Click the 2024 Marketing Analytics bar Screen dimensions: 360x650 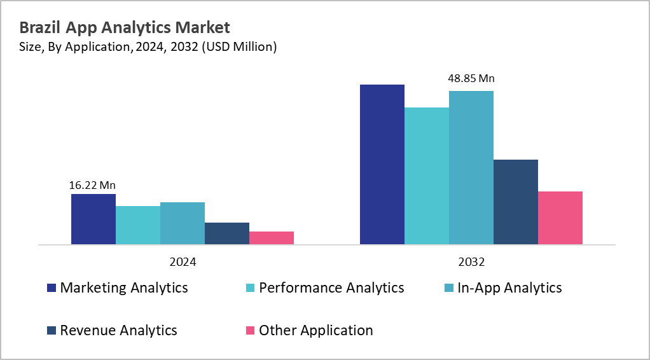(x=93, y=219)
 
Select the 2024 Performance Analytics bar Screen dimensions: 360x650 (x=138, y=225)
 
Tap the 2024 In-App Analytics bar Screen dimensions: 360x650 (x=183, y=223)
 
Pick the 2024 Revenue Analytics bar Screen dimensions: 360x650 (x=227, y=233)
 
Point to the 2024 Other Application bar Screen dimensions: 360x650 (x=272, y=238)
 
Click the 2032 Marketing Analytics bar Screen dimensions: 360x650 (x=382, y=164)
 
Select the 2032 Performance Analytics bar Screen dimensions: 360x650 (x=427, y=176)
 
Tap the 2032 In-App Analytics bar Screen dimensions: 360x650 (x=471, y=167)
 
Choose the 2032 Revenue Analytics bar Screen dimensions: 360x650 (x=516, y=202)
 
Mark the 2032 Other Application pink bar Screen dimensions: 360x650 (x=560, y=218)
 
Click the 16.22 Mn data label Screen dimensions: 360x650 (x=92, y=186)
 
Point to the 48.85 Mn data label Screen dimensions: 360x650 (x=471, y=79)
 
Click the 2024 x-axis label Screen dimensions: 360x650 (x=183, y=262)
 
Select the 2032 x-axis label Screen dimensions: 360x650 (x=471, y=262)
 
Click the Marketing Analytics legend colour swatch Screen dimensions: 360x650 (x=52, y=288)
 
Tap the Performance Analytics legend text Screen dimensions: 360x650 (x=331, y=288)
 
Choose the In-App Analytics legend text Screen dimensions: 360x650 (x=509, y=288)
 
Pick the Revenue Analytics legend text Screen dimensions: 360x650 (x=118, y=331)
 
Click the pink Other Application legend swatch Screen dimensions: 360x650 (x=251, y=331)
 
